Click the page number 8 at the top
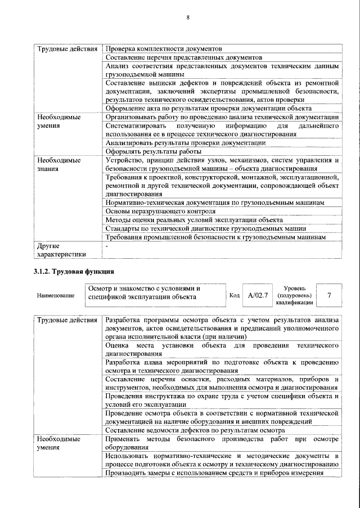(x=188, y=18)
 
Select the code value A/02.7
(x=258, y=295)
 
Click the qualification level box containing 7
(x=328, y=295)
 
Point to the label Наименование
(x=56, y=295)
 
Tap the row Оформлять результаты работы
(x=153, y=151)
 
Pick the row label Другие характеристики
(x=61, y=250)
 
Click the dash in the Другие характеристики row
(x=107, y=246)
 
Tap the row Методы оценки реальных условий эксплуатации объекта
(x=194, y=219)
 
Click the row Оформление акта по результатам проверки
(x=208, y=109)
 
